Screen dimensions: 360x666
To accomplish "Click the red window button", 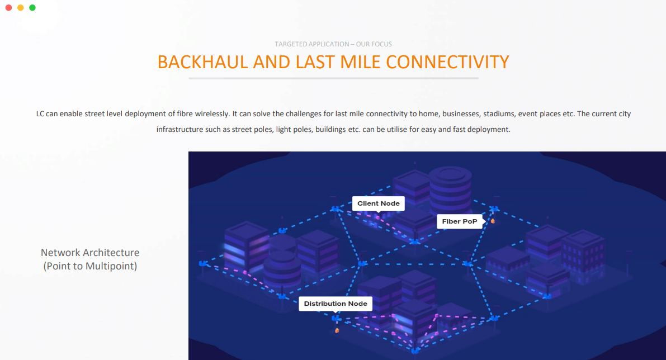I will click(8, 8).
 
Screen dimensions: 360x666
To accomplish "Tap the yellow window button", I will click(21, 8).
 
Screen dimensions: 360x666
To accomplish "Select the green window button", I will click(32, 8).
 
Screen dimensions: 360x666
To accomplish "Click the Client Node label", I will click(379, 203).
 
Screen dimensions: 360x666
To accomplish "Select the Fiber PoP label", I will click(460, 221).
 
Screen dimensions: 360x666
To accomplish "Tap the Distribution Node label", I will click(336, 304).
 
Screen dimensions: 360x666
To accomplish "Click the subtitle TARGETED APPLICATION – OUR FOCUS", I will click(333, 44).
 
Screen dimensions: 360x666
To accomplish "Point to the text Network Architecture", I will click(90, 253).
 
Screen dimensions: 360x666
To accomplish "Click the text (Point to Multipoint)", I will click(90, 266).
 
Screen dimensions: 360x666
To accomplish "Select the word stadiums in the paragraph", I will click(497, 114).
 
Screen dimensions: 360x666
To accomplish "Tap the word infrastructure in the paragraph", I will click(177, 130).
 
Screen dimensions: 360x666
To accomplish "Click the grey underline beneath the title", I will click(333, 78).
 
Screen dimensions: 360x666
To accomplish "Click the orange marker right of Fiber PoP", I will click(493, 221).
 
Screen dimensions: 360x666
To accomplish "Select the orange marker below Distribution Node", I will click(337, 330).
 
